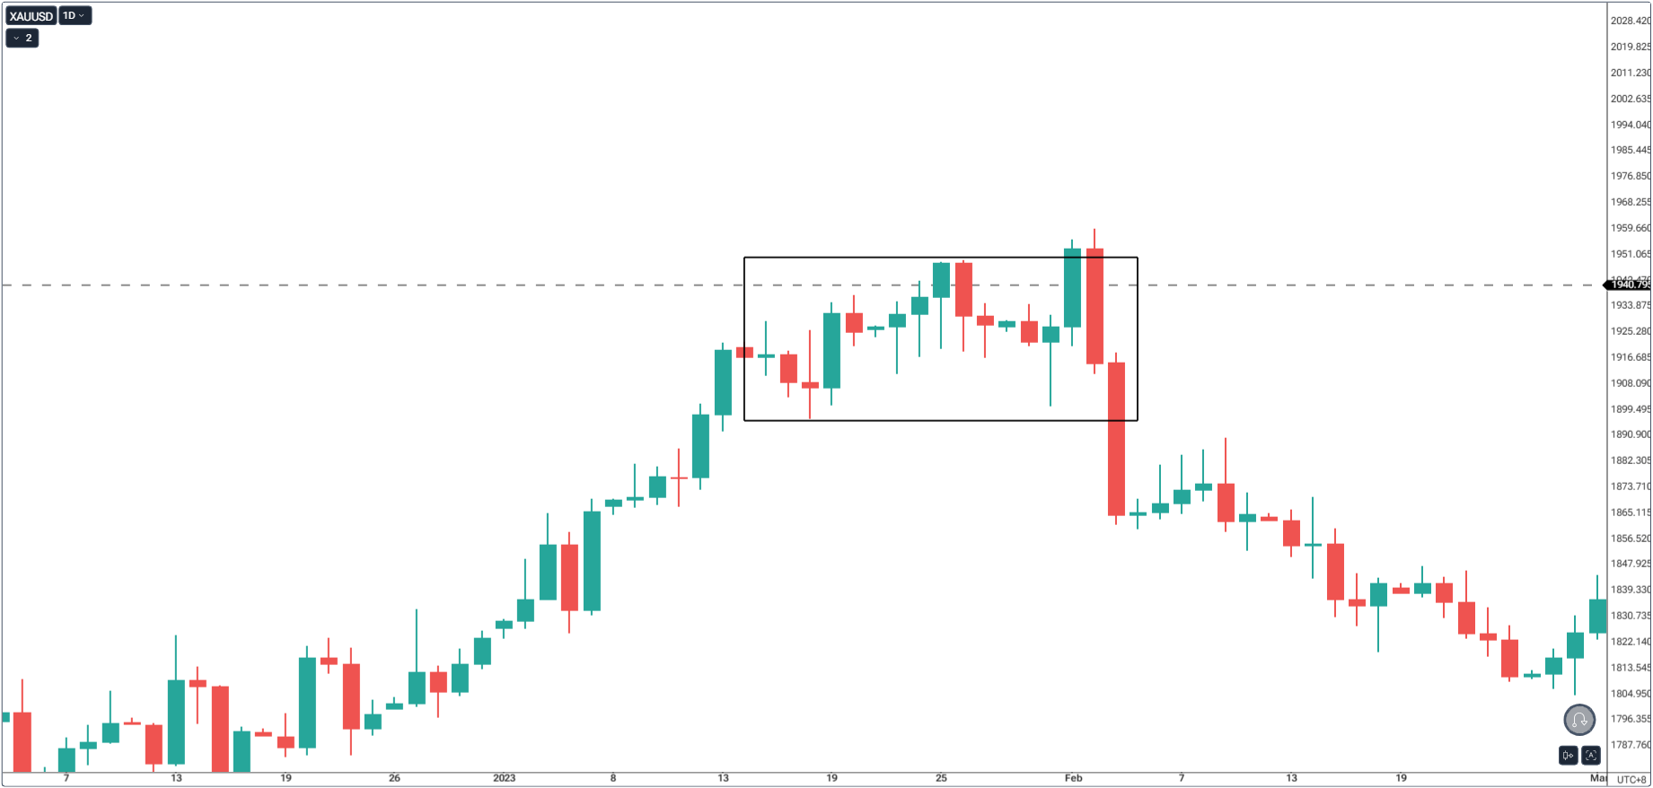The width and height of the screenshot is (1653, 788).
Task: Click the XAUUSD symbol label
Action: point(31,16)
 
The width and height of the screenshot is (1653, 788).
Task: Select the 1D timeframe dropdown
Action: point(75,16)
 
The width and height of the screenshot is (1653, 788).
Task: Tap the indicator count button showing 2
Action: point(22,38)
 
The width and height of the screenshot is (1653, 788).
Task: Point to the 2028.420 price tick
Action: point(1629,21)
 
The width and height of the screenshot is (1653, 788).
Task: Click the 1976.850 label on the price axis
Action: point(1629,176)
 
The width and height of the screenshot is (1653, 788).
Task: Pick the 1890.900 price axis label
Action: point(1629,434)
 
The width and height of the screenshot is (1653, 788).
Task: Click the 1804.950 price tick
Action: point(1629,693)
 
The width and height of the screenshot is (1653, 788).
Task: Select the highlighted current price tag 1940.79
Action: point(1629,285)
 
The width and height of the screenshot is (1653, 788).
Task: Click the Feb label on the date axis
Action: point(1073,778)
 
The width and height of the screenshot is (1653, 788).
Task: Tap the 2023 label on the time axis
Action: point(504,778)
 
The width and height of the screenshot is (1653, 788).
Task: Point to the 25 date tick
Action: point(941,778)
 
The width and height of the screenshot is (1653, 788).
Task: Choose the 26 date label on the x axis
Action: point(394,778)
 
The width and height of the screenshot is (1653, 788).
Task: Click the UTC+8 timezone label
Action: point(1631,779)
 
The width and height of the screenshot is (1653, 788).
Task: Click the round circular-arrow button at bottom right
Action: point(1579,720)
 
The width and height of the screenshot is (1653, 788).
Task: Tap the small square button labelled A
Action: point(1591,756)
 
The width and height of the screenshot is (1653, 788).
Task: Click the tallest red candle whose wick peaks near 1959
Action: point(1095,305)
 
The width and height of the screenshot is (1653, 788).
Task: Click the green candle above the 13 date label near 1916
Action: point(723,381)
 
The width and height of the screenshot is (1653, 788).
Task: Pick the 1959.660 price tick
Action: point(1629,228)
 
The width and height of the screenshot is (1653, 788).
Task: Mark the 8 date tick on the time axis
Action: point(613,778)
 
